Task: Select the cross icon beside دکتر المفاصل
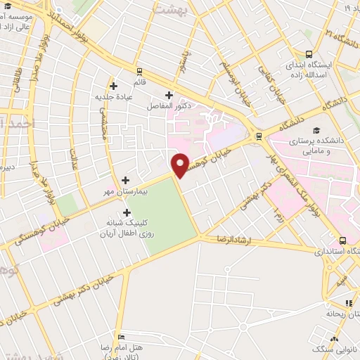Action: click(x=168, y=95)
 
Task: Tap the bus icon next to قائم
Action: click(x=139, y=70)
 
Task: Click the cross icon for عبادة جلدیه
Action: click(x=112, y=86)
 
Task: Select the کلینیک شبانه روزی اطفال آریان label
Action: click(x=127, y=227)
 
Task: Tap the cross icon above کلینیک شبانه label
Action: click(x=127, y=212)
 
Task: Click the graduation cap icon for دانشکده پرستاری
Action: click(x=316, y=131)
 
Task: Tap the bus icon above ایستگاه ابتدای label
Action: click(x=310, y=54)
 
